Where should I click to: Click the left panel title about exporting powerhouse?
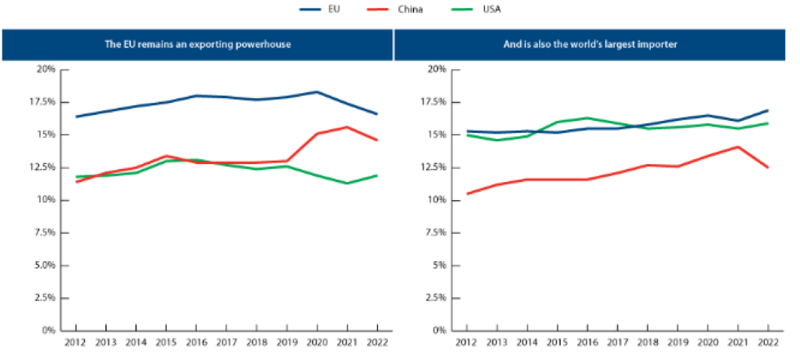[x=198, y=44]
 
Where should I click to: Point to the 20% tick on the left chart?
[x=46, y=69]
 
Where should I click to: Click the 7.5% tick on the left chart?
[x=44, y=233]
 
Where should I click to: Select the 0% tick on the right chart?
[x=439, y=331]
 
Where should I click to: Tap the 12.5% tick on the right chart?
[x=433, y=167]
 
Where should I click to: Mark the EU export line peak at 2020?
[x=317, y=91]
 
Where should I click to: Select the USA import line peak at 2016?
[x=586, y=118]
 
